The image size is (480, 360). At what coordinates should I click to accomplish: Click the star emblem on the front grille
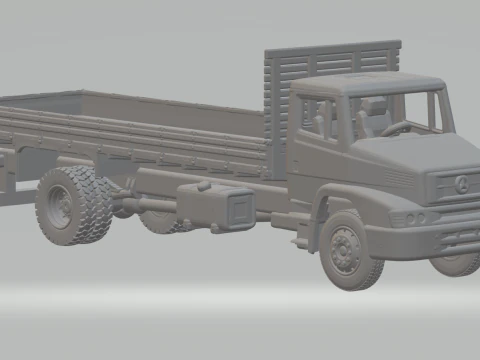(x=461, y=183)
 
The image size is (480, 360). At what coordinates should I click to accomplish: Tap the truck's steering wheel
(x=397, y=128)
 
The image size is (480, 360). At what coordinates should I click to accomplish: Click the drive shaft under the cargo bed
(x=150, y=203)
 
